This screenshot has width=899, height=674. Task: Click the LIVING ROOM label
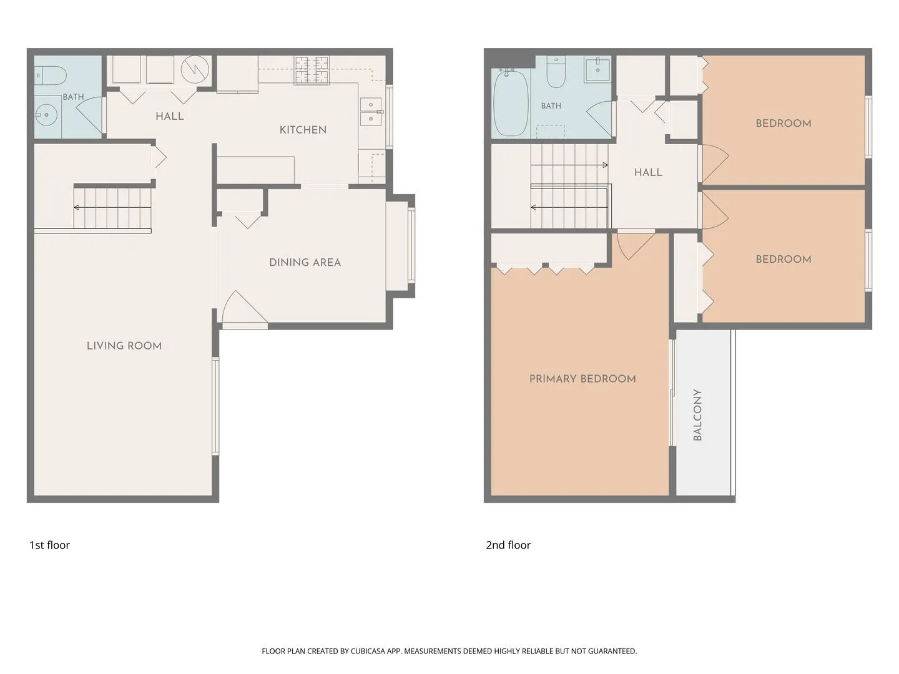(x=124, y=346)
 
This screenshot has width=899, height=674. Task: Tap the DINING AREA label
(x=305, y=262)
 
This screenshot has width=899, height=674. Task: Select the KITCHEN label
(x=303, y=130)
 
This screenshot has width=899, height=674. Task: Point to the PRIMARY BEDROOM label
(x=582, y=379)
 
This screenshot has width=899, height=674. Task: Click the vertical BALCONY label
(x=697, y=414)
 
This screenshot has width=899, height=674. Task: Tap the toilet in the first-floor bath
(x=50, y=76)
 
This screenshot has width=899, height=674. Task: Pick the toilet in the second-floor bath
(x=556, y=72)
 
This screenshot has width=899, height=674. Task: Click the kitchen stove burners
(x=312, y=71)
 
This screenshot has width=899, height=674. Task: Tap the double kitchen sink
(x=371, y=112)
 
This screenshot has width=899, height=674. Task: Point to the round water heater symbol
(x=195, y=69)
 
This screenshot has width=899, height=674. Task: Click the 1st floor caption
(x=49, y=545)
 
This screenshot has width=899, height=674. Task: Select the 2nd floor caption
(x=508, y=545)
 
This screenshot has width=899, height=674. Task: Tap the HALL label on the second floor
(x=648, y=172)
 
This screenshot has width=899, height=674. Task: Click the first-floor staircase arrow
(x=112, y=207)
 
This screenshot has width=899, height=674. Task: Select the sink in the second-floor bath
(x=597, y=71)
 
